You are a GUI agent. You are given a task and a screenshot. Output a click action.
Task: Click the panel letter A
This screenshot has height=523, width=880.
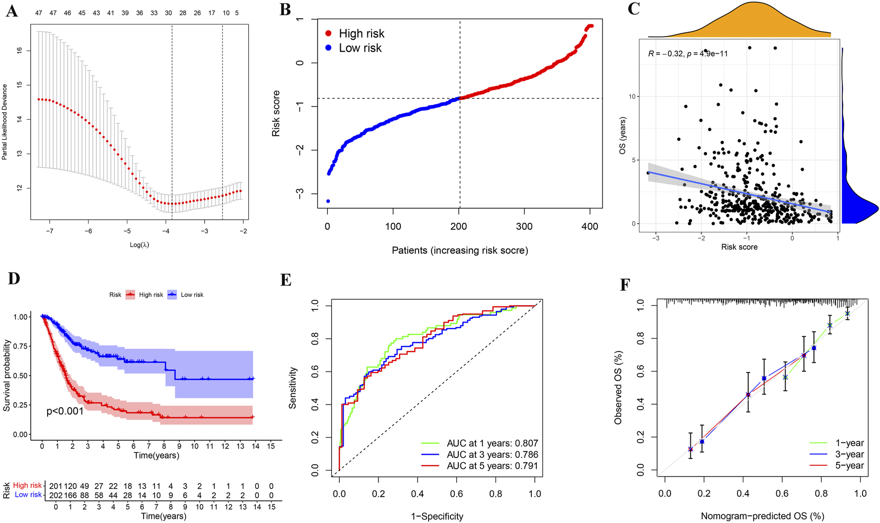11,11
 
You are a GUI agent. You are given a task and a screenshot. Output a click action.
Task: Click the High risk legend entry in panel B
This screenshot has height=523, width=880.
361,33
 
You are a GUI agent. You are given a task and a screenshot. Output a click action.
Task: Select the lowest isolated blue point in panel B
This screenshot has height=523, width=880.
328,201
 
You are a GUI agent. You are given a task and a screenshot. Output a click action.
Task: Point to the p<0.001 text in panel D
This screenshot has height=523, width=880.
65,411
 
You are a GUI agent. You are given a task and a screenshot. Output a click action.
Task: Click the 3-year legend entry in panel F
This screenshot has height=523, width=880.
849,454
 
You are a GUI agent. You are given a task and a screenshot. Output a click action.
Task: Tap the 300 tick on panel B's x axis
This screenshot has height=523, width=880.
524,227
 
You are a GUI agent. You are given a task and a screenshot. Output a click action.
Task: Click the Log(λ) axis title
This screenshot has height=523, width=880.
139,245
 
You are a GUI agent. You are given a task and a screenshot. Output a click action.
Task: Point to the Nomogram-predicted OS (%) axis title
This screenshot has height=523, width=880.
762,516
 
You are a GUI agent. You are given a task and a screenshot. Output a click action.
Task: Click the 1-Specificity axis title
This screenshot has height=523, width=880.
437,516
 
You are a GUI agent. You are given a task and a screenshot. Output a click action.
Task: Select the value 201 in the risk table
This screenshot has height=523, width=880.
56,486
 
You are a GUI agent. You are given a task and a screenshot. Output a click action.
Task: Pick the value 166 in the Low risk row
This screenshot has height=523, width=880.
70,495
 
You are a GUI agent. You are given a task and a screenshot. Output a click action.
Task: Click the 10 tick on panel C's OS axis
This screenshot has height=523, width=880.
632,96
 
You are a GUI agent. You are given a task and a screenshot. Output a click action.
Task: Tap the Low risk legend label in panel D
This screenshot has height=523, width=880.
192,295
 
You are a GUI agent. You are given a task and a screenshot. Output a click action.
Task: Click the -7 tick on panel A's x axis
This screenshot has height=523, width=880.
50,231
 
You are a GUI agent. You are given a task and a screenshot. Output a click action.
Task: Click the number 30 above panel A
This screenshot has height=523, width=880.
168,13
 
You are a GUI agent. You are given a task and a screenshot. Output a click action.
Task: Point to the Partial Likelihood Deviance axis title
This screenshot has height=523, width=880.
5,122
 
